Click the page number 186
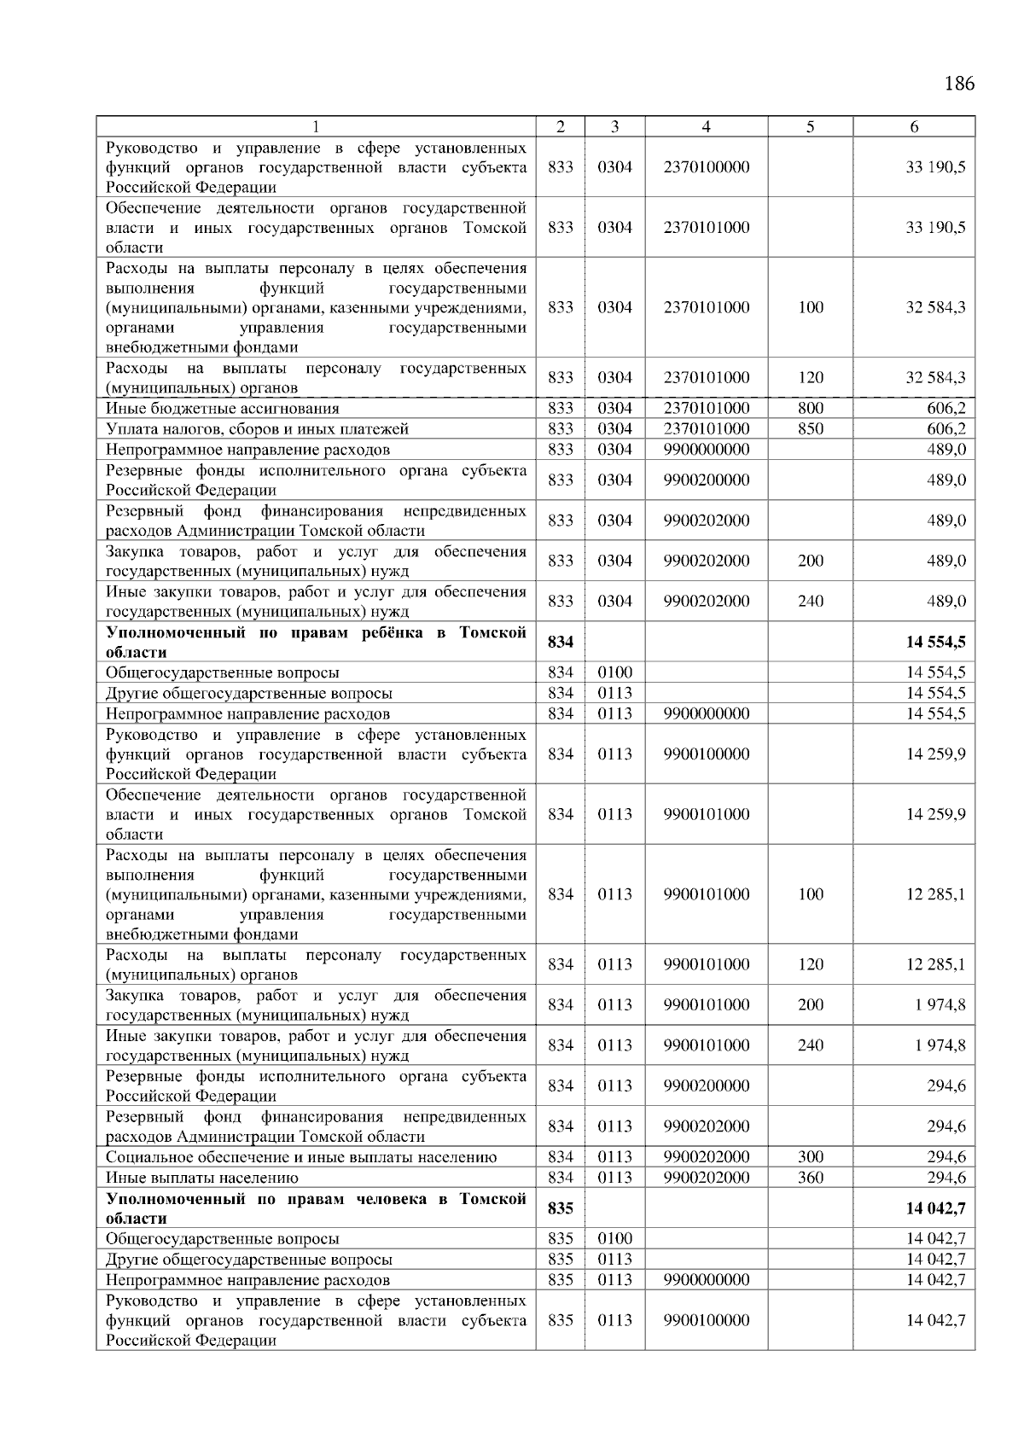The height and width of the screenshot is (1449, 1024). (x=958, y=84)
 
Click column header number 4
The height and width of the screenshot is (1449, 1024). (x=706, y=127)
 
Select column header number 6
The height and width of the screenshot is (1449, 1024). (x=913, y=127)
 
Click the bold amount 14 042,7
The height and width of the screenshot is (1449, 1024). (x=935, y=1208)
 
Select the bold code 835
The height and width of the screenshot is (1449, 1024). (x=560, y=1208)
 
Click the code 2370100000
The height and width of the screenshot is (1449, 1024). (x=706, y=167)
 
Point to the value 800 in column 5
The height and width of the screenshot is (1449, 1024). (x=810, y=409)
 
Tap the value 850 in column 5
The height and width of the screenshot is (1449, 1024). (x=810, y=429)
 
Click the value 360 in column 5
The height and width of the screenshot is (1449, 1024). (x=810, y=1178)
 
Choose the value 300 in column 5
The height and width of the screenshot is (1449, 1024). (x=810, y=1157)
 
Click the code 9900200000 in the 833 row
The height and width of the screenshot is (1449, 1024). (x=706, y=480)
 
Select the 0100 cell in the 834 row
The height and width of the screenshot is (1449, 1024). (x=614, y=672)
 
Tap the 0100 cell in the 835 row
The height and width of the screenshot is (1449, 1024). (x=614, y=1238)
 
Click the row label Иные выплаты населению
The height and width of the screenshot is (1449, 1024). (x=202, y=1178)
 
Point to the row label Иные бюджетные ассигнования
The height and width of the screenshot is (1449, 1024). (x=222, y=409)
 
